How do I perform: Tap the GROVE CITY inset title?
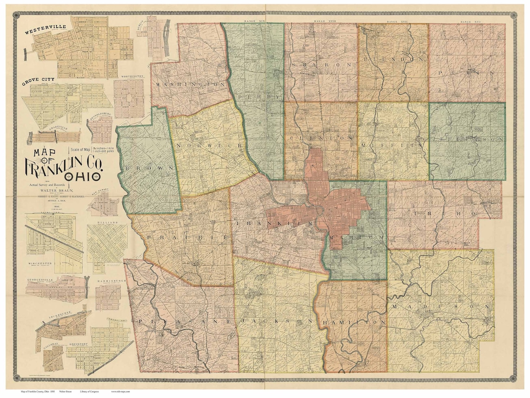pos(37,79)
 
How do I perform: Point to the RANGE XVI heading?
pos(466,21)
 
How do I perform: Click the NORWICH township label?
pos(210,145)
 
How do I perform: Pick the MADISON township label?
pos(440,306)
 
